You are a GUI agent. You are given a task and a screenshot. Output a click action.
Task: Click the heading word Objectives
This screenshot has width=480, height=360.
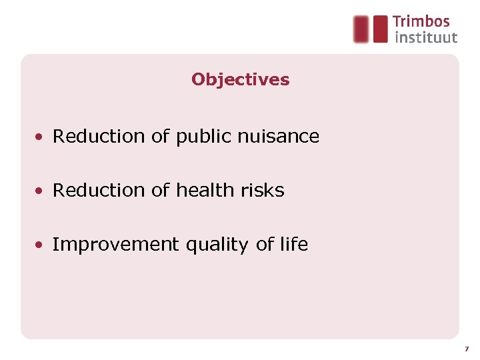pos(240,79)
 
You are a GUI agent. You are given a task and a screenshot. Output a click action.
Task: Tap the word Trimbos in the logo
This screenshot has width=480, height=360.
pos(421,21)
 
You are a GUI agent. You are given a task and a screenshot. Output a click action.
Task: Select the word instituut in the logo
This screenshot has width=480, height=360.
pos(426,37)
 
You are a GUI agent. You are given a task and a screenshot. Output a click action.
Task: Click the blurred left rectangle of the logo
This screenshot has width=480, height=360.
pos(361,29)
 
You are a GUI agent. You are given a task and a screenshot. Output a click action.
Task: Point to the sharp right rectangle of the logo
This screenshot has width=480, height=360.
pos(380,29)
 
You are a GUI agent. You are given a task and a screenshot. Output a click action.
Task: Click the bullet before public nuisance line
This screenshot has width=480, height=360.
pos(41,137)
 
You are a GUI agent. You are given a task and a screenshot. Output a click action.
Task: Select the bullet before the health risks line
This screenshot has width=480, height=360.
pos(41,191)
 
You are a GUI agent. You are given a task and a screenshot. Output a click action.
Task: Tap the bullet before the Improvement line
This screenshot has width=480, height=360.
pos(41,245)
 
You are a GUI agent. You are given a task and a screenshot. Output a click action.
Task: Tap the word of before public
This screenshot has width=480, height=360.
pos(161,137)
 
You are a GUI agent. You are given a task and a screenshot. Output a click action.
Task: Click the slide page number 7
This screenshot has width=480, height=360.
pos(467,349)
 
